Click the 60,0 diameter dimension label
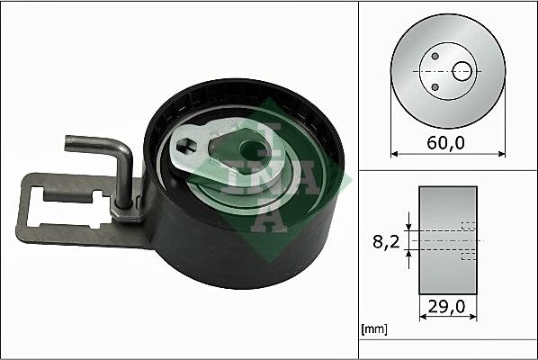(446, 142)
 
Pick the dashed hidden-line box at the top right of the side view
(467, 226)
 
